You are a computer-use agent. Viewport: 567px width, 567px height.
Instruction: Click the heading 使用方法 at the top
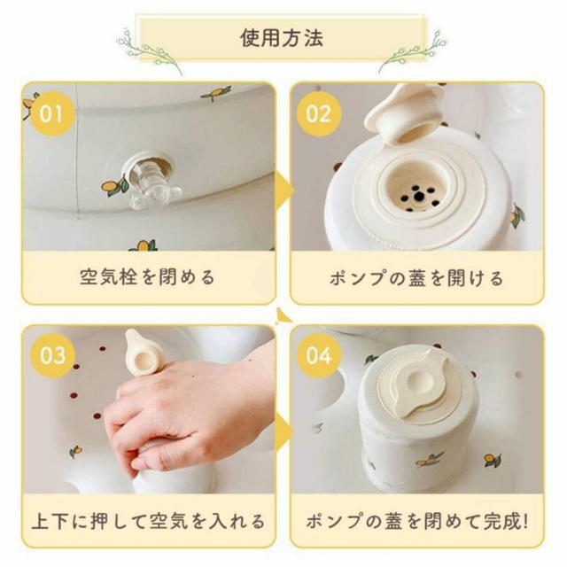click(x=282, y=38)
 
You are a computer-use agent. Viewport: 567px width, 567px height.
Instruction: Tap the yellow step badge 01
click(x=51, y=114)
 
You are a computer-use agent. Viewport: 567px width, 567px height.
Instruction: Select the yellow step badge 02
click(x=319, y=114)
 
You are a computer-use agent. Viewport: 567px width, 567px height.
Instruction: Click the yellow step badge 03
click(x=53, y=355)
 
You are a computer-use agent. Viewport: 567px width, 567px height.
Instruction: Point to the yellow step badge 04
click(x=319, y=355)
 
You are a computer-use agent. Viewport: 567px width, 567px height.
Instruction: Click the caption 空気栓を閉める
click(x=147, y=277)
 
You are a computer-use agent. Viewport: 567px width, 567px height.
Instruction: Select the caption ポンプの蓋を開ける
click(x=416, y=278)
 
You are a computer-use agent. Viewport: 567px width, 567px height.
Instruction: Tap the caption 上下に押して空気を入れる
click(x=148, y=522)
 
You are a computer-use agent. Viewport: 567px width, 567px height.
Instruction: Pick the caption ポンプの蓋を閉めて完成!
click(x=417, y=522)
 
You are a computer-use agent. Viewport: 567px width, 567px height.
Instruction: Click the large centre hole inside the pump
click(x=419, y=197)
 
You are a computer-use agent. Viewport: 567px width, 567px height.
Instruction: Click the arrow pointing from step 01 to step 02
click(x=284, y=189)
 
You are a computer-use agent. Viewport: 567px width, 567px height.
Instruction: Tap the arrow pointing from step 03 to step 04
click(x=284, y=431)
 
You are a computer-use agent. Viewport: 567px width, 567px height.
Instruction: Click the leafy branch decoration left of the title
click(x=148, y=50)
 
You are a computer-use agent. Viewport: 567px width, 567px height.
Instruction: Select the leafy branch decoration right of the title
click(x=413, y=50)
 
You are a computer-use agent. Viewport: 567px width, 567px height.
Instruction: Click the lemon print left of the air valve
click(x=114, y=185)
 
